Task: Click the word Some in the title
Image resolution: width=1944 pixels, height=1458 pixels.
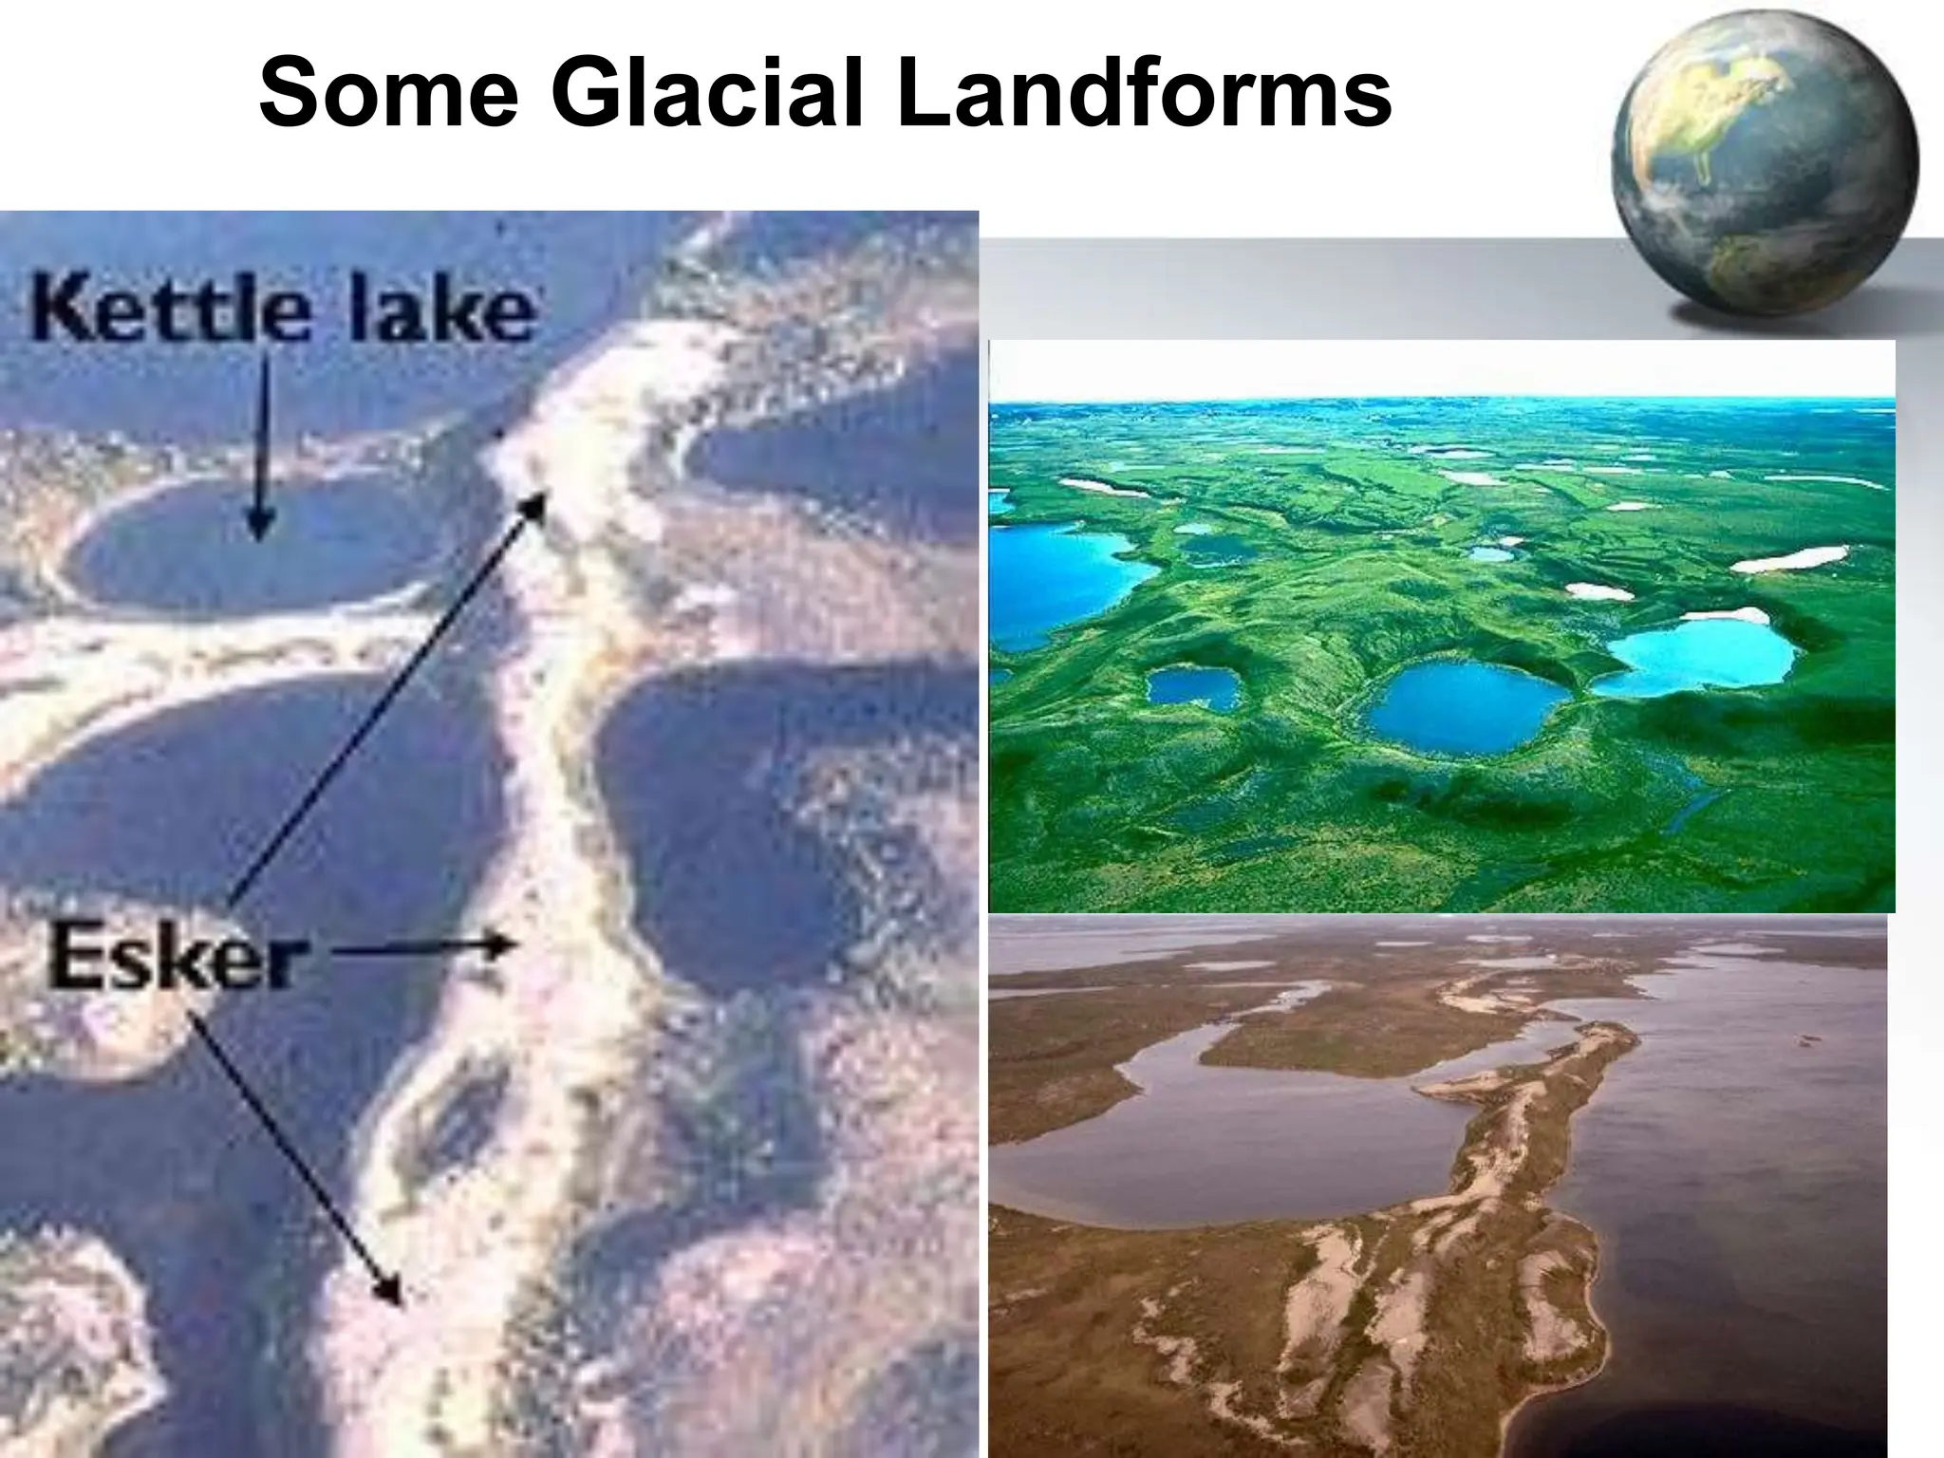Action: coord(389,94)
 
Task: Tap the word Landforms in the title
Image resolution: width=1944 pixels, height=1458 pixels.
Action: coord(1143,94)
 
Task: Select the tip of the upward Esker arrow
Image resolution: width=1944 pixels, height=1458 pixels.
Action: coord(540,500)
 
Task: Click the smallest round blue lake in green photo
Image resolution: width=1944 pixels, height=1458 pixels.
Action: coord(1193,687)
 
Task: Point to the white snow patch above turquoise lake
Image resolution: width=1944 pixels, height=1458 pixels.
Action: coord(1789,559)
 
